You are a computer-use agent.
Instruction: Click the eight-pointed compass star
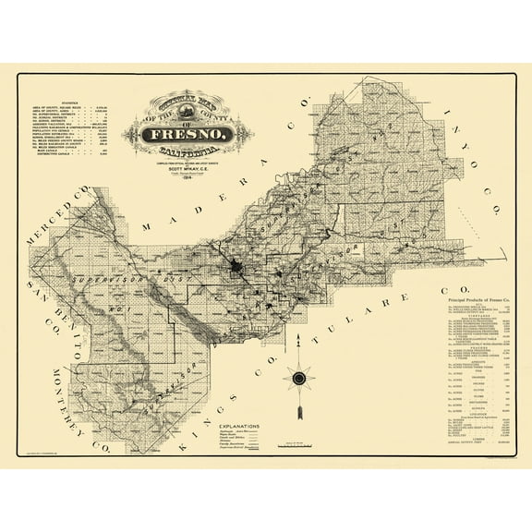[x=300, y=377]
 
